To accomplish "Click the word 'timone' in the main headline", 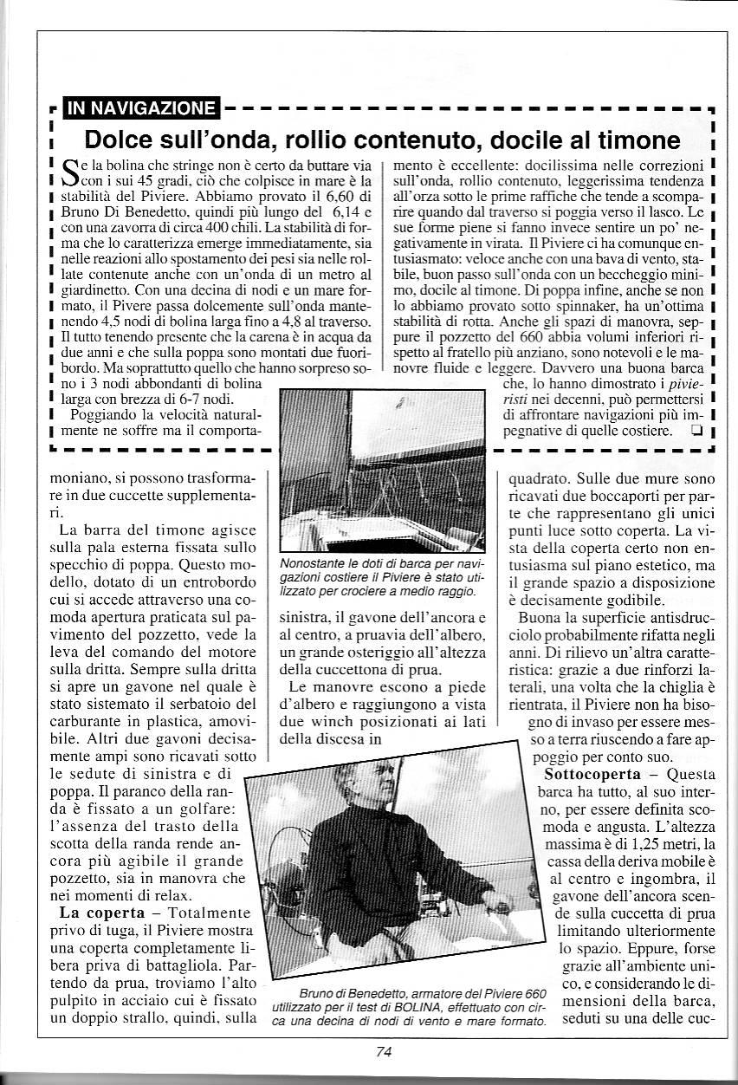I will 632,139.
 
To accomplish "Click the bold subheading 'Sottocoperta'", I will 592,773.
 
